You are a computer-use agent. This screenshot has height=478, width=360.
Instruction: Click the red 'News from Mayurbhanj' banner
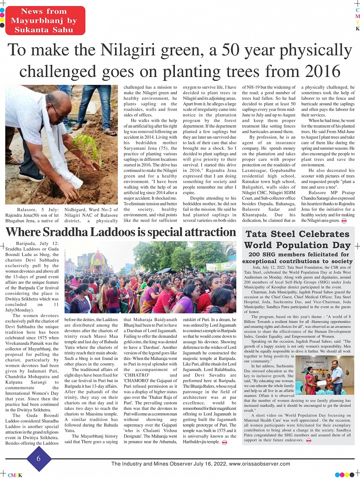pyautogui.click(x=44, y=21)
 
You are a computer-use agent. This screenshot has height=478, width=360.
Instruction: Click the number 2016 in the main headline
pyautogui.click(x=317, y=71)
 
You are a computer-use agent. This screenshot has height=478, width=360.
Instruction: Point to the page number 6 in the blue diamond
pyautogui.click(x=38, y=459)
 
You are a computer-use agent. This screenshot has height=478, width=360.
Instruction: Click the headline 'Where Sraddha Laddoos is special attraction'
pyautogui.click(x=121, y=232)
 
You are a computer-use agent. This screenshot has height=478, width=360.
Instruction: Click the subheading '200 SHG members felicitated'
pyautogui.click(x=298, y=254)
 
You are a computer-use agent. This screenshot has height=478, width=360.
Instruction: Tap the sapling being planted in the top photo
pyautogui.click(x=84, y=147)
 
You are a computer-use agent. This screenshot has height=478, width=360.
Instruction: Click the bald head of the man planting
pyautogui.click(x=59, y=101)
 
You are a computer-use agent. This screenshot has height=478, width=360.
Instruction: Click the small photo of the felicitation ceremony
pyautogui.click(x=325, y=375)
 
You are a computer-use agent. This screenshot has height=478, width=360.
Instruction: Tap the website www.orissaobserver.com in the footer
pyautogui.click(x=260, y=464)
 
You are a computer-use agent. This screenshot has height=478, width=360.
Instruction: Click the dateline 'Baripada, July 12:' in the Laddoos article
pyautogui.click(x=37, y=243)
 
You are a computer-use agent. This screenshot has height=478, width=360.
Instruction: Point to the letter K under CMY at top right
pyautogui.click(x=357, y=29)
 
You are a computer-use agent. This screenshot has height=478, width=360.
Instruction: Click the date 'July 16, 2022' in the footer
pyautogui.click(x=210, y=464)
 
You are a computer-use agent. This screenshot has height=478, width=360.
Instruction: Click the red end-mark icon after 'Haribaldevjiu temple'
pyautogui.click(x=224, y=442)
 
